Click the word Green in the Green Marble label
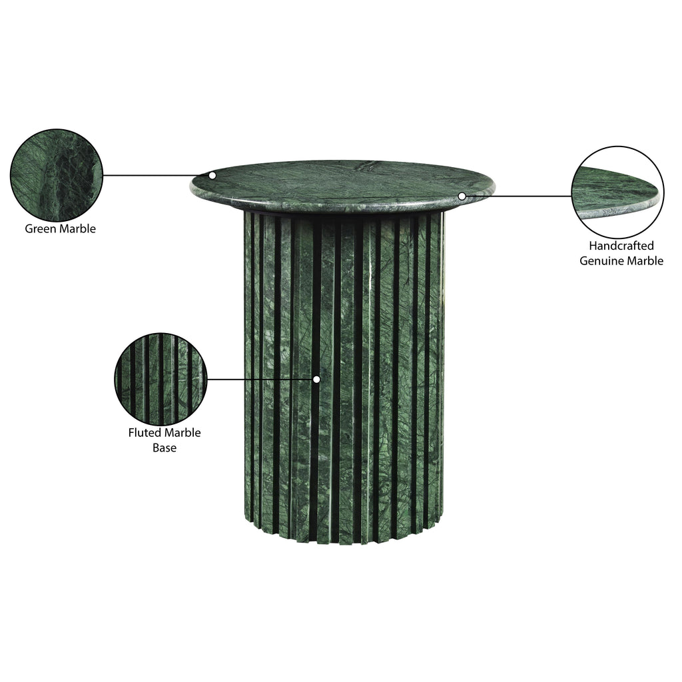coord(40,229)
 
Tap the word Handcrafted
coord(621,246)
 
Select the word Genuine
coord(600,261)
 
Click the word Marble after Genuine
coord(644,261)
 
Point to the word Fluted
coord(143,433)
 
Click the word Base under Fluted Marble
coord(165,448)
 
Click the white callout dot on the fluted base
coord(316,379)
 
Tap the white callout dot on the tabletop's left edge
coord(212,175)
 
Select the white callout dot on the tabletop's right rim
coord(462,196)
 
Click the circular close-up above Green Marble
coord(57,175)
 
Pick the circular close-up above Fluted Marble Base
coord(161,379)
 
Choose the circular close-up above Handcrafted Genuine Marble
coord(617,192)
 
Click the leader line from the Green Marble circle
coord(156,175)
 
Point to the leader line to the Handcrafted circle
coord(518,196)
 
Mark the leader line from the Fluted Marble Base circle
coord(260,379)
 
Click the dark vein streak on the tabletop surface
coord(368,165)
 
